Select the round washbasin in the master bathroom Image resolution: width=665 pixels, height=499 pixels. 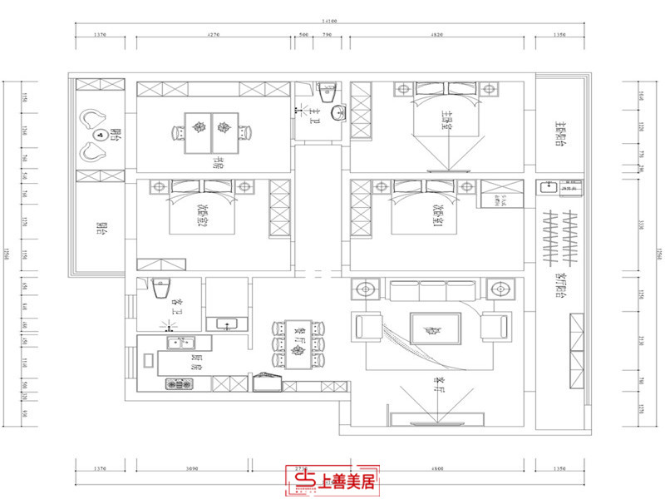[x=338, y=112]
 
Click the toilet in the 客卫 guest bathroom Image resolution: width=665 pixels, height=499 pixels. [x=161, y=288]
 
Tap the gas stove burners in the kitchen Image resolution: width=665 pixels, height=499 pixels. [x=178, y=384]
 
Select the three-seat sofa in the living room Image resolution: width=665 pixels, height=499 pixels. [x=431, y=289]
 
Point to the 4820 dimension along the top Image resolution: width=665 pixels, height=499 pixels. [x=437, y=35]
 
